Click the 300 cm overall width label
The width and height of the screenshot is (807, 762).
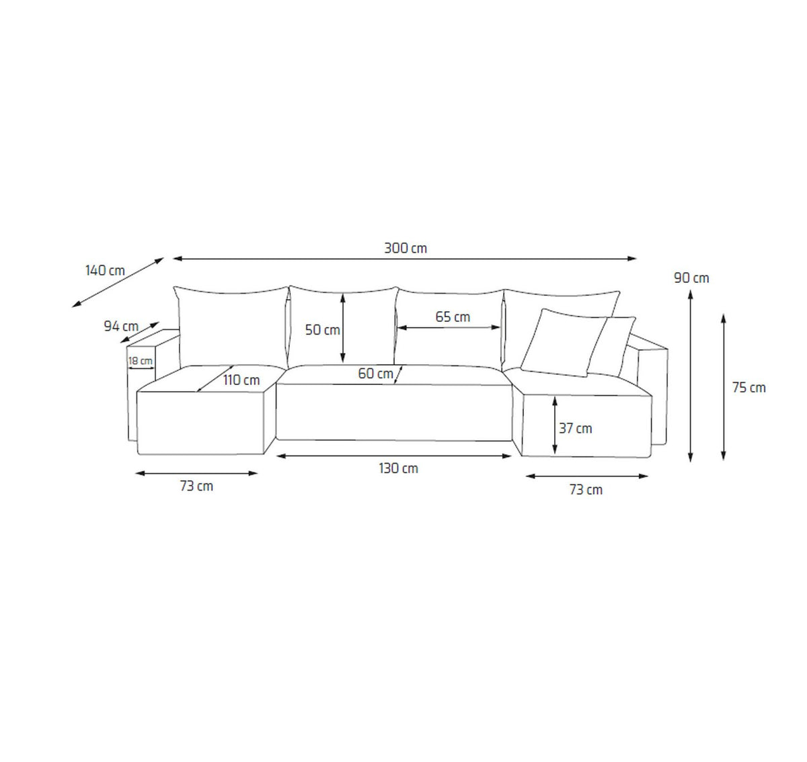click(406, 248)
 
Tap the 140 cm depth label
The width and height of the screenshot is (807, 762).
click(105, 270)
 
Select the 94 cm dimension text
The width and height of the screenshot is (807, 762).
click(121, 326)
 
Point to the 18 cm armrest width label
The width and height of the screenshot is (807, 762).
click(141, 360)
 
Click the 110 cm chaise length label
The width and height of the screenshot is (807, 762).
click(241, 380)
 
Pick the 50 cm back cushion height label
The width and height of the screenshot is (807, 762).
click(323, 330)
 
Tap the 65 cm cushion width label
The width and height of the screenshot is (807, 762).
click(453, 316)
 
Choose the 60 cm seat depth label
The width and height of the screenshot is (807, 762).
click(375, 374)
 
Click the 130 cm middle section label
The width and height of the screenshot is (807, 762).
click(398, 468)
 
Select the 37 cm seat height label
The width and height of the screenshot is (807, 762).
click(576, 428)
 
